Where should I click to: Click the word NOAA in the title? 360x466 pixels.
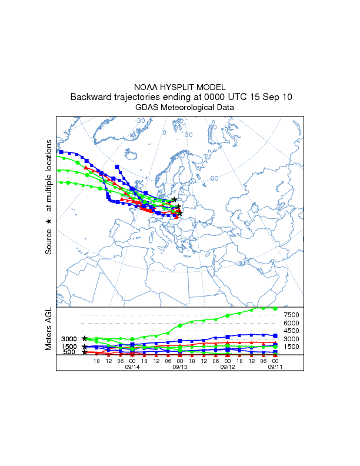pos(146,86)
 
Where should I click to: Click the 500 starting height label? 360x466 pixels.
pos(69,352)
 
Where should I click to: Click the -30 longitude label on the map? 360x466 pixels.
pos(140,121)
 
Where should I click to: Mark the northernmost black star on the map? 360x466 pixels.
pos(175,199)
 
